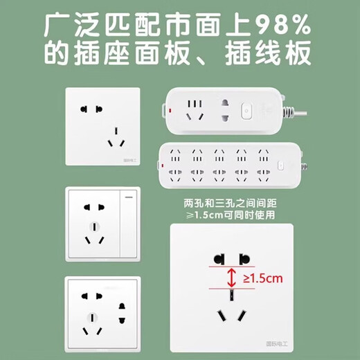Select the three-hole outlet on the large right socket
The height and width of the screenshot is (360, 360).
pyautogui.click(x=231, y=312)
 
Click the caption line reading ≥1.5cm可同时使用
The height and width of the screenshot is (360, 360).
pyautogui.click(x=230, y=215)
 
